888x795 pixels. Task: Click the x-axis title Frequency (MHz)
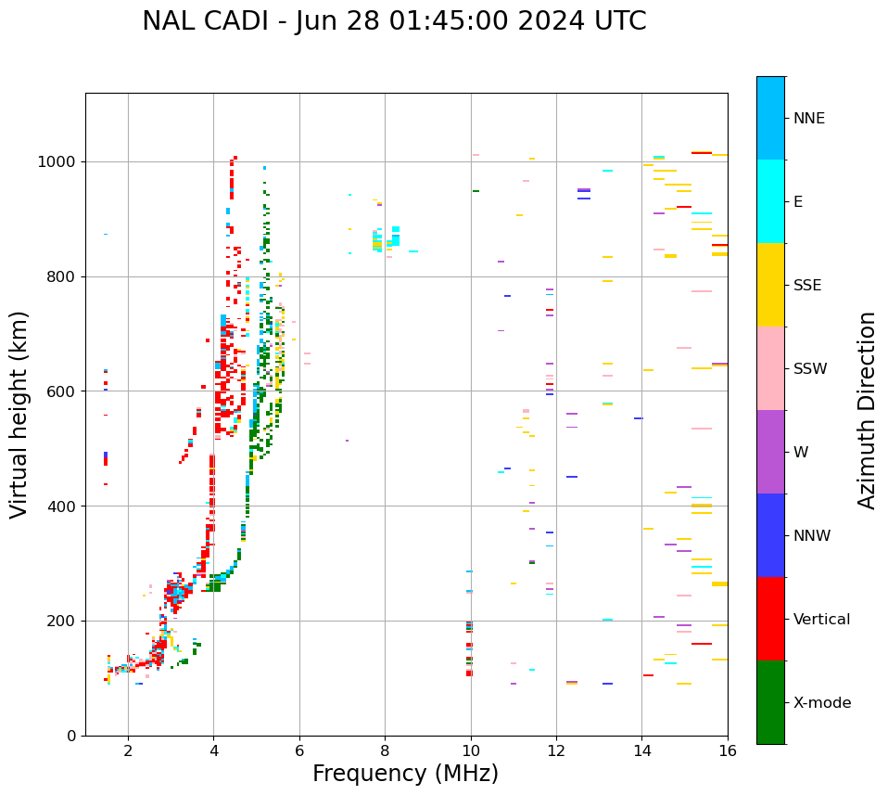(x=405, y=774)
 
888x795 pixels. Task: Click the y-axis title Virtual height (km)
(x=19, y=415)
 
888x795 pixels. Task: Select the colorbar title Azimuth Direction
(x=867, y=410)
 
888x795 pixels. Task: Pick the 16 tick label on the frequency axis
(x=728, y=750)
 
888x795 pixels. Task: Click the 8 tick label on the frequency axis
(x=385, y=750)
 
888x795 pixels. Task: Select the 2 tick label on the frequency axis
(x=128, y=750)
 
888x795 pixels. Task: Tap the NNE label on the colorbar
(x=808, y=119)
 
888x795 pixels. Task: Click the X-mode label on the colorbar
(x=821, y=703)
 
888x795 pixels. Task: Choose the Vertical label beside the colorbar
(x=823, y=620)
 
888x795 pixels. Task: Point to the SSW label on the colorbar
(x=810, y=369)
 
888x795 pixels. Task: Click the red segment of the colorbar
(x=770, y=619)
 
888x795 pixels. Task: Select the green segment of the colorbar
(x=770, y=702)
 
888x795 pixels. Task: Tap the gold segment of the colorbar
(x=770, y=285)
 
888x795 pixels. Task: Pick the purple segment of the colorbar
(x=770, y=452)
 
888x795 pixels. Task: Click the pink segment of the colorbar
(x=770, y=368)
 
